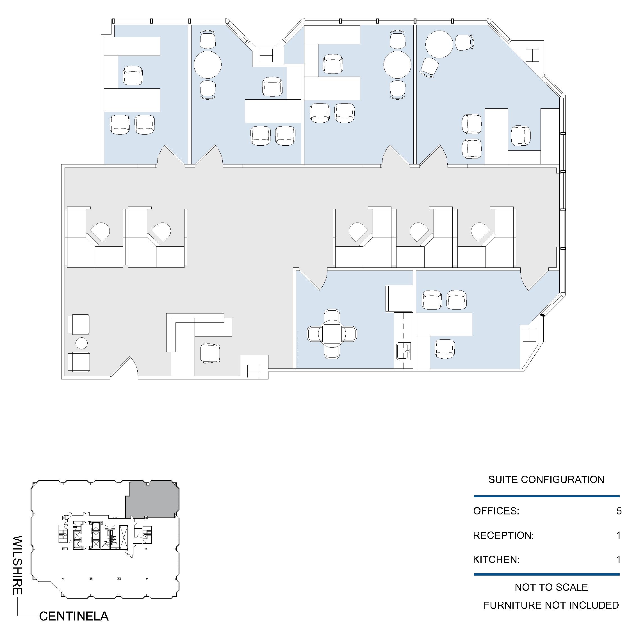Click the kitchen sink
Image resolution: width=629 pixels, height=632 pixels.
pyautogui.click(x=404, y=351)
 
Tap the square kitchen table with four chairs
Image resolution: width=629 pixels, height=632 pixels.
pyautogui.click(x=332, y=334)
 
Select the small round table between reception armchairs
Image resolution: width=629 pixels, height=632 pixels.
pyautogui.click(x=81, y=344)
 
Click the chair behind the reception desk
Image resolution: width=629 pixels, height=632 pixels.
pyautogui.click(x=210, y=353)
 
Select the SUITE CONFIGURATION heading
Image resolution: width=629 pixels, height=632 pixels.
pyautogui.click(x=546, y=480)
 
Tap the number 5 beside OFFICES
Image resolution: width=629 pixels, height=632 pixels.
pyautogui.click(x=619, y=511)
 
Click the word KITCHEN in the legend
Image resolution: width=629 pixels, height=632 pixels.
pyautogui.click(x=496, y=559)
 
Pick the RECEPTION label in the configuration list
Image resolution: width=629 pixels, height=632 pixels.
pyautogui.click(x=503, y=535)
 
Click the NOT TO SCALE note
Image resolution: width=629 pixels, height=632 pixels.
pyautogui.click(x=551, y=587)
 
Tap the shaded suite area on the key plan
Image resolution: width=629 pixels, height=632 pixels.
pyautogui.click(x=152, y=499)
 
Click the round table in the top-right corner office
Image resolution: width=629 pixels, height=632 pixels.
pyautogui.click(x=439, y=44)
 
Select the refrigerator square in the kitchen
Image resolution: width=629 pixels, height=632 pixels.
pyautogui.click(x=399, y=298)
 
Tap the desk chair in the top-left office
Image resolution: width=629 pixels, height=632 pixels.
pyautogui.click(x=133, y=75)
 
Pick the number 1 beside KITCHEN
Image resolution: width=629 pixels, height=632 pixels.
pyautogui.click(x=618, y=559)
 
